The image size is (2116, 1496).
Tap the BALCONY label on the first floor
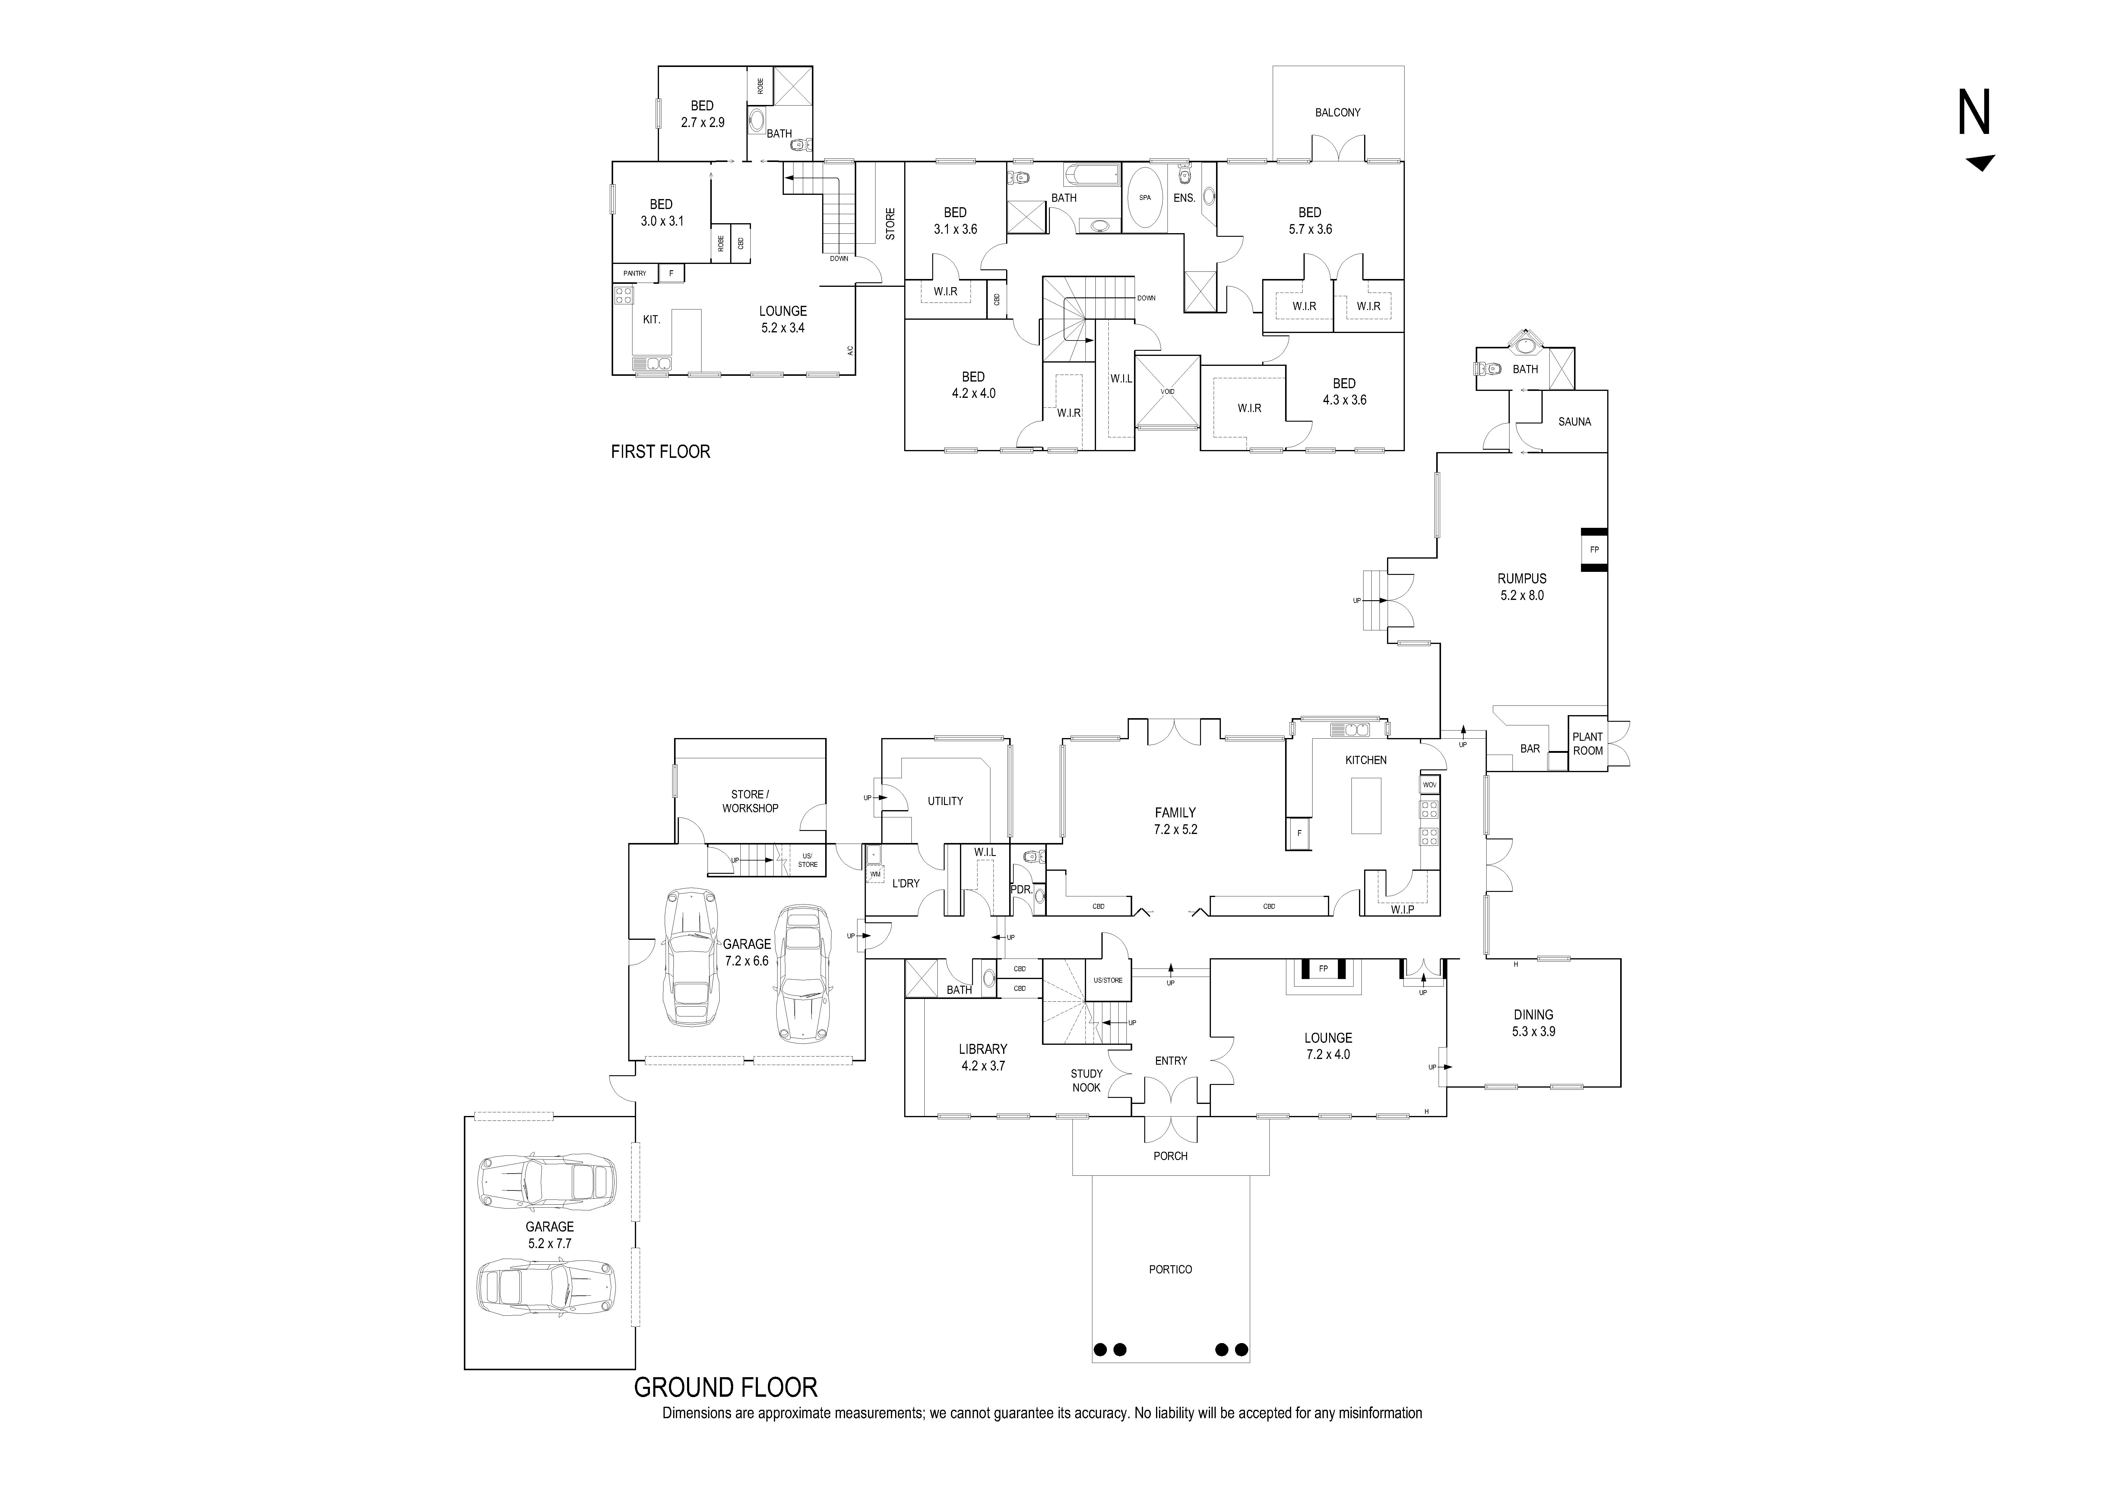coord(1337,113)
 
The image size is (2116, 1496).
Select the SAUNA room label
coord(1574,422)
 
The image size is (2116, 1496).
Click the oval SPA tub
coord(1145,197)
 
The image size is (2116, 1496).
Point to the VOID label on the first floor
coord(1168,392)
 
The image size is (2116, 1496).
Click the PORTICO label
coord(1170,1269)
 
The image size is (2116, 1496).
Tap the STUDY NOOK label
coord(1087,1080)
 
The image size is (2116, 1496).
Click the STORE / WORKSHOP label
coord(750,801)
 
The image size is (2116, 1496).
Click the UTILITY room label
coord(945,801)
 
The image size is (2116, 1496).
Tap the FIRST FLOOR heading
coord(660,452)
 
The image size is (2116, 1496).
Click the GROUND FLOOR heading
coord(725,1387)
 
